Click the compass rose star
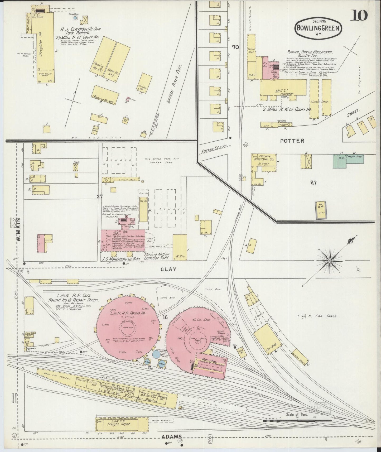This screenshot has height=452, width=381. coord(329,261)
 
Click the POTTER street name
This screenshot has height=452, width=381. coord(292,141)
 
